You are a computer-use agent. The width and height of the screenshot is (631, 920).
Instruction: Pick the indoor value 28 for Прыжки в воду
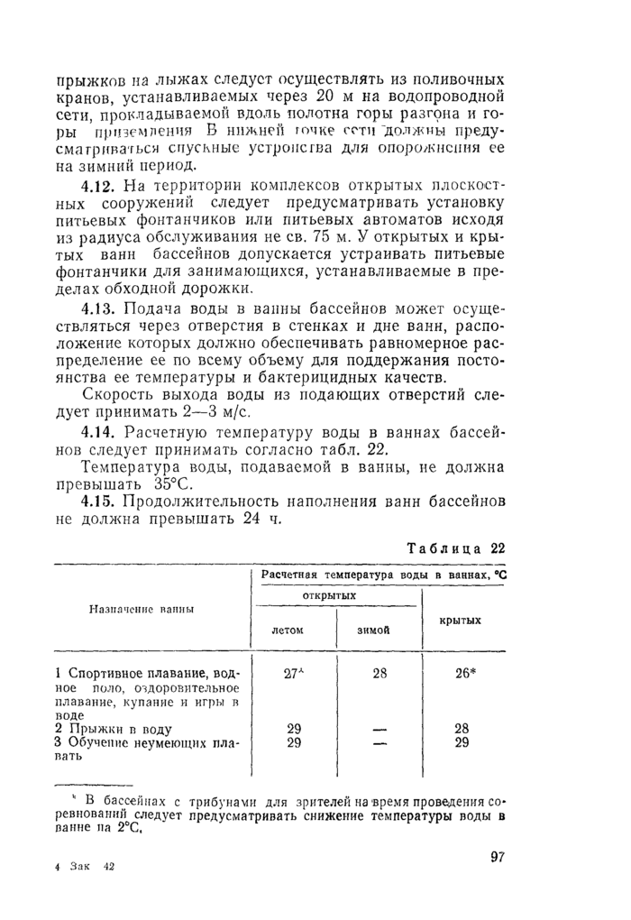pos(462,728)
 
